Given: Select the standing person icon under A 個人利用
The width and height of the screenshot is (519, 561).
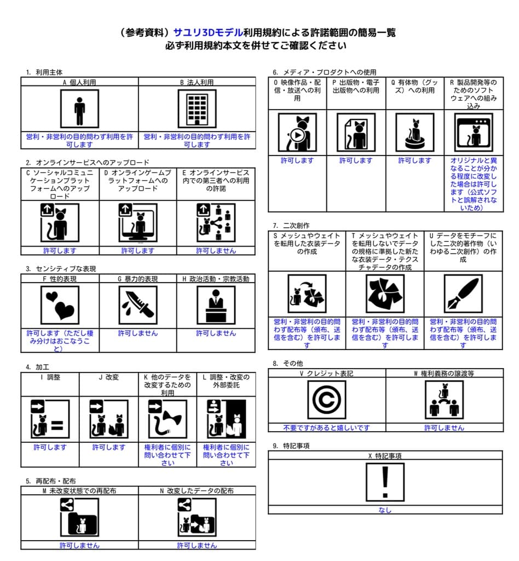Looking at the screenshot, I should pos(79,108).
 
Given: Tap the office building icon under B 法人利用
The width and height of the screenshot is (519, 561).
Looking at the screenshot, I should pos(197,108).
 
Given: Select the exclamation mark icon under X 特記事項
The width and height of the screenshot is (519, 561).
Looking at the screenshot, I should pos(385,482).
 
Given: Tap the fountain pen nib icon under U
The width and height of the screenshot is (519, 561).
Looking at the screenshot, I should pos(463,294).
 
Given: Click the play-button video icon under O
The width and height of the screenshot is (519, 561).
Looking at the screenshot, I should pos(297,133).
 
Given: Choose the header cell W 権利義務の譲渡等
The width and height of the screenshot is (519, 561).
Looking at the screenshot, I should pos(443,374).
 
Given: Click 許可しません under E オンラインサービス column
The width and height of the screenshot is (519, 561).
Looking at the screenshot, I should pos(216,251).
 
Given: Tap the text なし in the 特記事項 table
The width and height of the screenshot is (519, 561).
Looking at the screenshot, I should pos(385,510).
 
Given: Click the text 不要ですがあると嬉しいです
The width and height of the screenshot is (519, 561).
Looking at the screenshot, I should pos(326,428).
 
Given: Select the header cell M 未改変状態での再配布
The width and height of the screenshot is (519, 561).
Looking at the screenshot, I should pos(79,491).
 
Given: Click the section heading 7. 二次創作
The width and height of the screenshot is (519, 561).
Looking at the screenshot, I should pos(291,225).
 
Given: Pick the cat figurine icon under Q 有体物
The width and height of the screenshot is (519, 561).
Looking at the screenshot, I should pos(414,133).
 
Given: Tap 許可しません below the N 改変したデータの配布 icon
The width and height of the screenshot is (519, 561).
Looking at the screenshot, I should pos(197,546).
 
